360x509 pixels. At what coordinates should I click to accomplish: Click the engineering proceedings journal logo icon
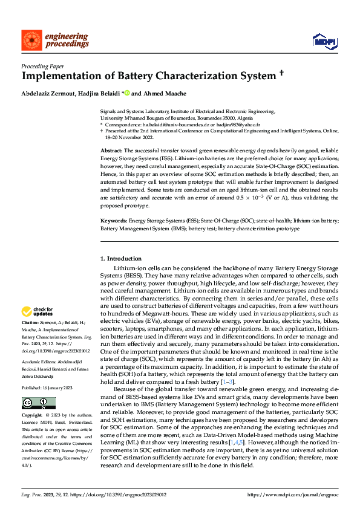(30, 40)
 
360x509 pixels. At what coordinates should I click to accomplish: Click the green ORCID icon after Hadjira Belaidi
(127, 94)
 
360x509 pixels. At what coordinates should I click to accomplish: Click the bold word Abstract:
(111, 149)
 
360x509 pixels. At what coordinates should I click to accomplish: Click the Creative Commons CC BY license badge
(34, 403)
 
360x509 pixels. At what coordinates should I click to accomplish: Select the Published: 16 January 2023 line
(47, 387)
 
